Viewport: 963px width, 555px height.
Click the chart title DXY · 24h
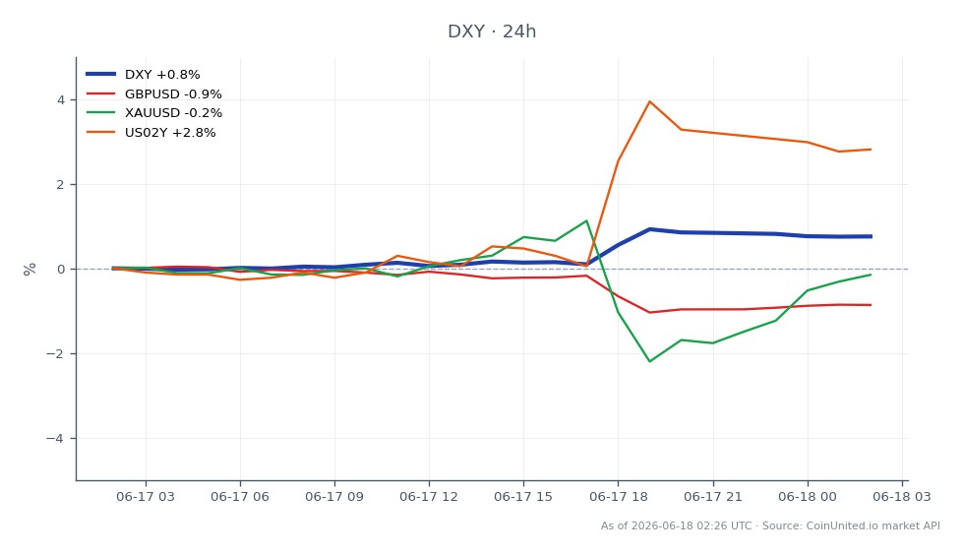pos(491,31)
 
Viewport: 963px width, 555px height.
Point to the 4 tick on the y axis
pos(61,99)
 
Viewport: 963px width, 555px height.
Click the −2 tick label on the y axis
pos(55,353)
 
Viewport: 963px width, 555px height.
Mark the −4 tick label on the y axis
pos(55,438)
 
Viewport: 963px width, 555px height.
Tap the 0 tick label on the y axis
pos(61,270)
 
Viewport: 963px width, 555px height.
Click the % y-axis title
pos(30,270)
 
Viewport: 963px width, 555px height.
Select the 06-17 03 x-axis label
pos(146,497)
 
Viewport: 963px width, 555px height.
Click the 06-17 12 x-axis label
pos(429,497)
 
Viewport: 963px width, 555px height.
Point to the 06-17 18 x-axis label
pos(619,497)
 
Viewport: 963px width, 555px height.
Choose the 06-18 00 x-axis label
pos(808,497)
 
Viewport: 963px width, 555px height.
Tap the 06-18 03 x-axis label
pos(902,497)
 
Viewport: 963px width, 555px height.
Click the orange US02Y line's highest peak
pos(650,101)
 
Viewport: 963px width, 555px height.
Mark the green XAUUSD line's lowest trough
pos(650,361)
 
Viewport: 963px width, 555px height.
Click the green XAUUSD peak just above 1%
pos(586,220)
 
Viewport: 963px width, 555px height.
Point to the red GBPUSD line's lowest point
pos(650,312)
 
